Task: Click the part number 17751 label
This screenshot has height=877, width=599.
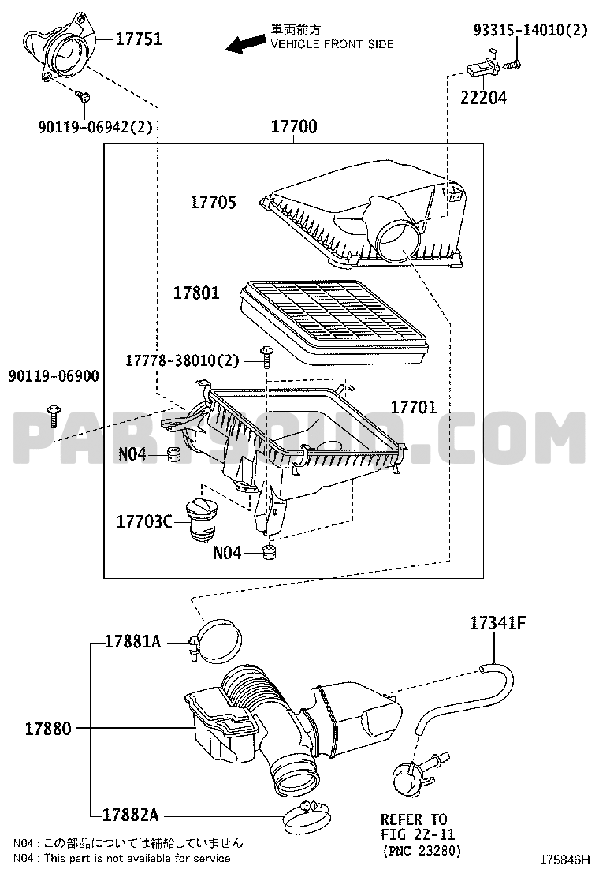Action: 139,39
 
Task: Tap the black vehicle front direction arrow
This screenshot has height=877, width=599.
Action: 246,43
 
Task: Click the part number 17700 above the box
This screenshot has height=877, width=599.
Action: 294,126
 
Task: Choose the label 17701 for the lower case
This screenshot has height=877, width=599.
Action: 414,407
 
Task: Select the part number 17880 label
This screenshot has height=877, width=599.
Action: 48,728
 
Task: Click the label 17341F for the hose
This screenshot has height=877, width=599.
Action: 498,622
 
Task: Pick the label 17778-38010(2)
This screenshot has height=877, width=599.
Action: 182,360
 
